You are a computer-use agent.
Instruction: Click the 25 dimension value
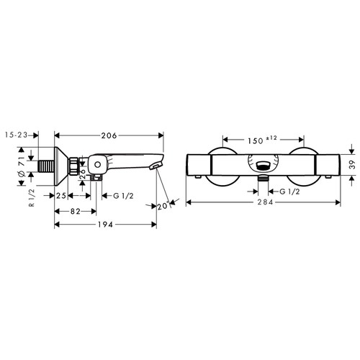tap(62, 196)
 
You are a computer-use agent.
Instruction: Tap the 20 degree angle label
tap(162, 207)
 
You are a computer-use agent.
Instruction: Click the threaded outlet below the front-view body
tap(264, 176)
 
